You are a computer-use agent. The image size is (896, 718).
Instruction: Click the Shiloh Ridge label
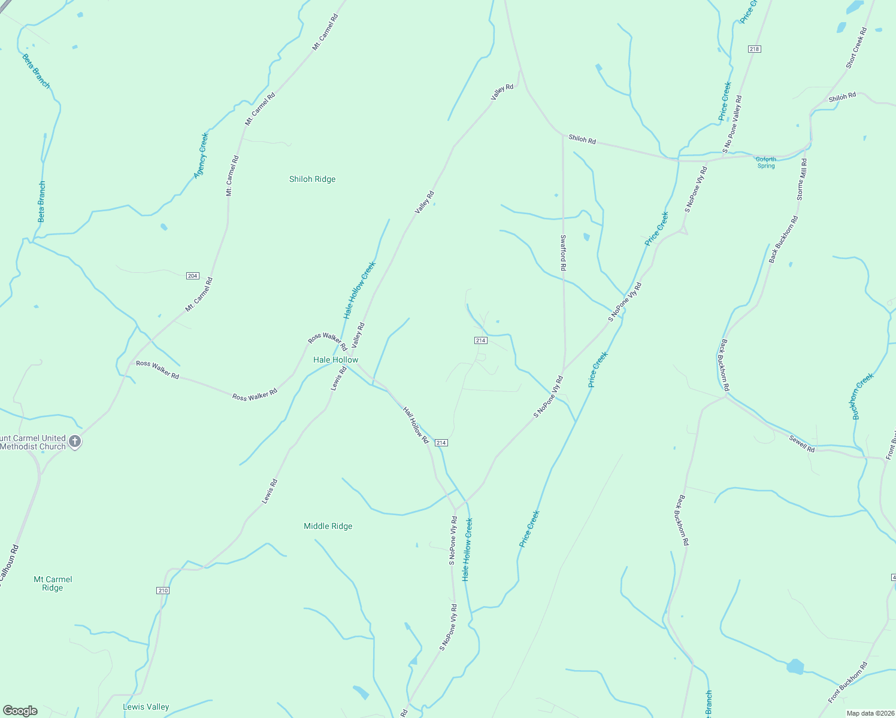[x=312, y=179]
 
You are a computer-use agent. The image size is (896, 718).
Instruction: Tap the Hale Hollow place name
[x=335, y=360]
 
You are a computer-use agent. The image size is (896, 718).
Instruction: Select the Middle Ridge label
[x=328, y=526]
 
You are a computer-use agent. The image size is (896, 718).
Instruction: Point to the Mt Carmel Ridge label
[x=53, y=583]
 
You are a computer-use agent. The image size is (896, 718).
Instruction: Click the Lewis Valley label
[x=146, y=707]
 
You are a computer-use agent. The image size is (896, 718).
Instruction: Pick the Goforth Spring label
[x=765, y=162]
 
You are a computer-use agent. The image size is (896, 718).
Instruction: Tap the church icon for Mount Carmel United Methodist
[x=75, y=442]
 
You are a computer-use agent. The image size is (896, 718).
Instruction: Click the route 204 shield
[x=192, y=276]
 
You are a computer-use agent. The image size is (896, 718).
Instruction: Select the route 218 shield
[x=754, y=49]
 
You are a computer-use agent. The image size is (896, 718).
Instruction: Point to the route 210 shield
[x=163, y=591]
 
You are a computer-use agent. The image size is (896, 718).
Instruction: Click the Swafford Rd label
[x=563, y=252]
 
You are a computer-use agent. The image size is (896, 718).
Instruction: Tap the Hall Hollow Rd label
[x=416, y=425]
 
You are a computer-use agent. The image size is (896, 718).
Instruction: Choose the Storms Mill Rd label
[x=802, y=179]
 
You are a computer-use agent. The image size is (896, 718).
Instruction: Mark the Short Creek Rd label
[x=856, y=48]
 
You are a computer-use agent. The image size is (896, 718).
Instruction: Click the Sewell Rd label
[x=801, y=444]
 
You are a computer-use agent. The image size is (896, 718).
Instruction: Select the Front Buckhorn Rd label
[x=847, y=682]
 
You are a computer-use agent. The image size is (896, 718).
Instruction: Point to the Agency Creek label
[x=201, y=156]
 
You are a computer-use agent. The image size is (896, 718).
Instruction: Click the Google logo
[x=20, y=711]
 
